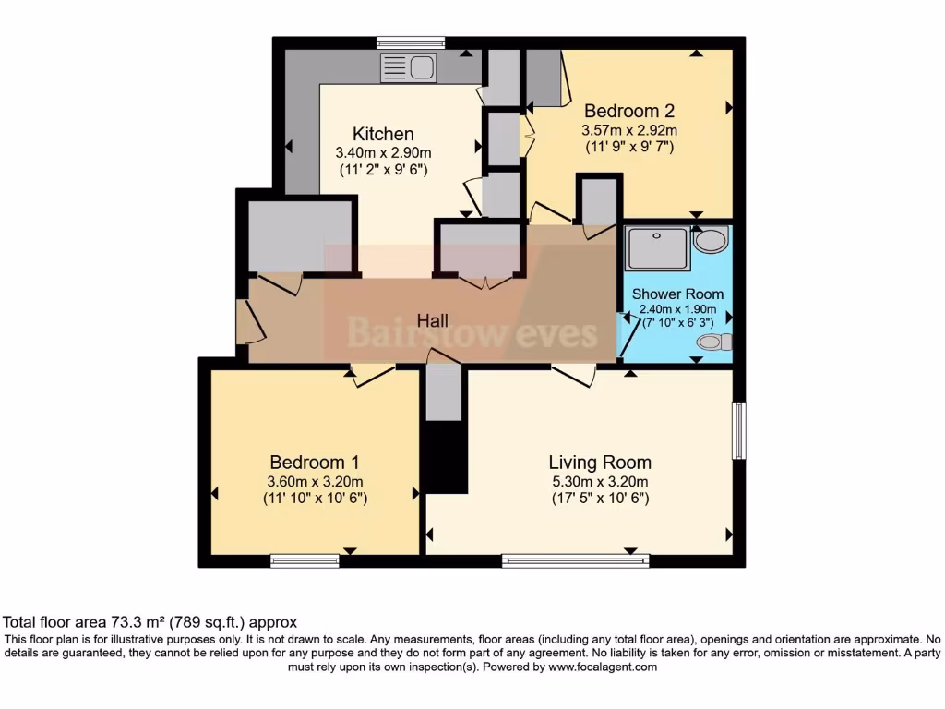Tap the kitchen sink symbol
(x=408, y=68)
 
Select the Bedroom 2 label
(x=629, y=111)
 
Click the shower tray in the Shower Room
(x=657, y=247)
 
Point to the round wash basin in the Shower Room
(x=710, y=242)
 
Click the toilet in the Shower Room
(x=713, y=342)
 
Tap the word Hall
(x=433, y=320)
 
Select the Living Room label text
(x=600, y=463)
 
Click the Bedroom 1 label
(x=315, y=463)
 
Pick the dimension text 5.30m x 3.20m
(x=600, y=481)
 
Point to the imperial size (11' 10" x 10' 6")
(x=315, y=499)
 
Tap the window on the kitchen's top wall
(x=411, y=42)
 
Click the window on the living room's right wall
(x=738, y=430)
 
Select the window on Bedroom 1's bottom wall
(x=305, y=560)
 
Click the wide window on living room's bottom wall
(x=575, y=560)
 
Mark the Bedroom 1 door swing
(x=374, y=375)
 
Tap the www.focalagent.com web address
(x=603, y=667)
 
